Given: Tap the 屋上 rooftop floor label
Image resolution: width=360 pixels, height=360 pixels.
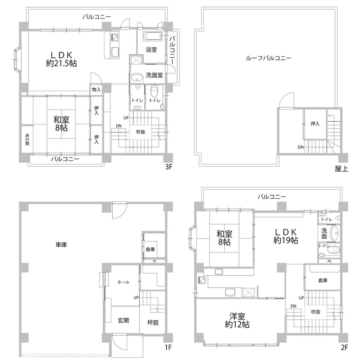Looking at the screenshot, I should pos(341,168).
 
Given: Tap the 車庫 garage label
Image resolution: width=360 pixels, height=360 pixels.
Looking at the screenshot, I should pos(61,244).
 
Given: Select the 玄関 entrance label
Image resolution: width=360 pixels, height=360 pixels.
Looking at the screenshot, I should pos(123,320).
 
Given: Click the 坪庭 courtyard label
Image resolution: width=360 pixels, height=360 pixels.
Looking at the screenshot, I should pos(153,323).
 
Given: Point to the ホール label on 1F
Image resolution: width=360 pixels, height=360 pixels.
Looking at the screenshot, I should pos(123,282).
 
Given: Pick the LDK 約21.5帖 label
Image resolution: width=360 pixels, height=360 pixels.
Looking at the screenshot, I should pos(61,59).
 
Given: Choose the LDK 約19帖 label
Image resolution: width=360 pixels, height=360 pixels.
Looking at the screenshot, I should pos(285,236).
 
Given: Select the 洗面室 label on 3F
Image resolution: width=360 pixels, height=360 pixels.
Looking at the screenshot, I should pos(154,75).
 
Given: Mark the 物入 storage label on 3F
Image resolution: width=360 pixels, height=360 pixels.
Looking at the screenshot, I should pos(96,89).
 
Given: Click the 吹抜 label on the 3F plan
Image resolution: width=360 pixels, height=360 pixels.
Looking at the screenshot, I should pos(141,132).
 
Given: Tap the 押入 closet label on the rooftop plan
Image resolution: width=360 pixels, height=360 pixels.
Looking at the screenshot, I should pos(315,124).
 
